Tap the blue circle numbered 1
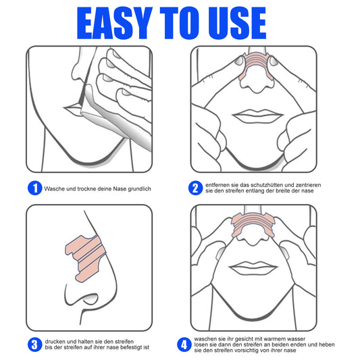[x=34, y=187]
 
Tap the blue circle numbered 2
[x=195, y=187]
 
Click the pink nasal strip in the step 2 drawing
[x=255, y=65]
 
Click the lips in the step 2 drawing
[x=255, y=115]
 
